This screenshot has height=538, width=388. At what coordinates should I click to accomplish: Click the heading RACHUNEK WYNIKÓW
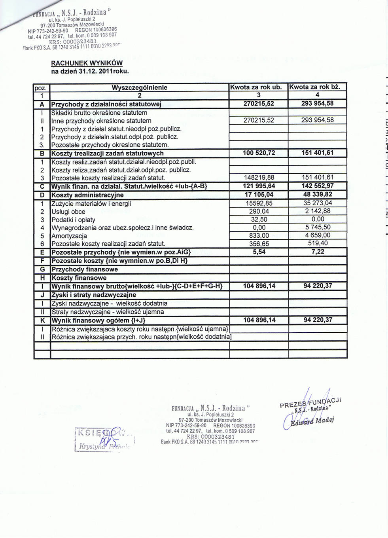87,63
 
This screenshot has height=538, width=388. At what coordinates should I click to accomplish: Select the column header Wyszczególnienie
139,87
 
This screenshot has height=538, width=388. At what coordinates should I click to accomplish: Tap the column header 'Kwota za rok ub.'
259,87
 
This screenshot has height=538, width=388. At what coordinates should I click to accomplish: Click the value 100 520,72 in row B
259,153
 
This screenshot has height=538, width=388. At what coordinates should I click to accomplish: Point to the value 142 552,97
318,186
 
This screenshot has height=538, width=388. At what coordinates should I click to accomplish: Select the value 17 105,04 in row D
259,195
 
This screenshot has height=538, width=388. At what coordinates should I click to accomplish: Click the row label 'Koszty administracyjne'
87,195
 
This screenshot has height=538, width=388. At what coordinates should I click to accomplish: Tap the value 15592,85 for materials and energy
259,203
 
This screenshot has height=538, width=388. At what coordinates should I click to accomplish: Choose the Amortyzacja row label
69,236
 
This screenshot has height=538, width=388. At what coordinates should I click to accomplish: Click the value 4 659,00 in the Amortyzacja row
318,235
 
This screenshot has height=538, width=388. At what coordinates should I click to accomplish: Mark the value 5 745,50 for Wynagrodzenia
318,227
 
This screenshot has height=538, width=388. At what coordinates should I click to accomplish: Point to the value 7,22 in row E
318,252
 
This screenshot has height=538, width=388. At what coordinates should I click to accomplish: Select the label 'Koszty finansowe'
79,278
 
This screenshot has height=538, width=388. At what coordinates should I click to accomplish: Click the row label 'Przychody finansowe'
85,269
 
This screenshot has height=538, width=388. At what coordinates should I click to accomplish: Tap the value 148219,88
259,178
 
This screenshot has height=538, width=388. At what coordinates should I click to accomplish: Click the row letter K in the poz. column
42,320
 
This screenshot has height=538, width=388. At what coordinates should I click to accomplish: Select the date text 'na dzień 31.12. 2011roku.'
90,72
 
